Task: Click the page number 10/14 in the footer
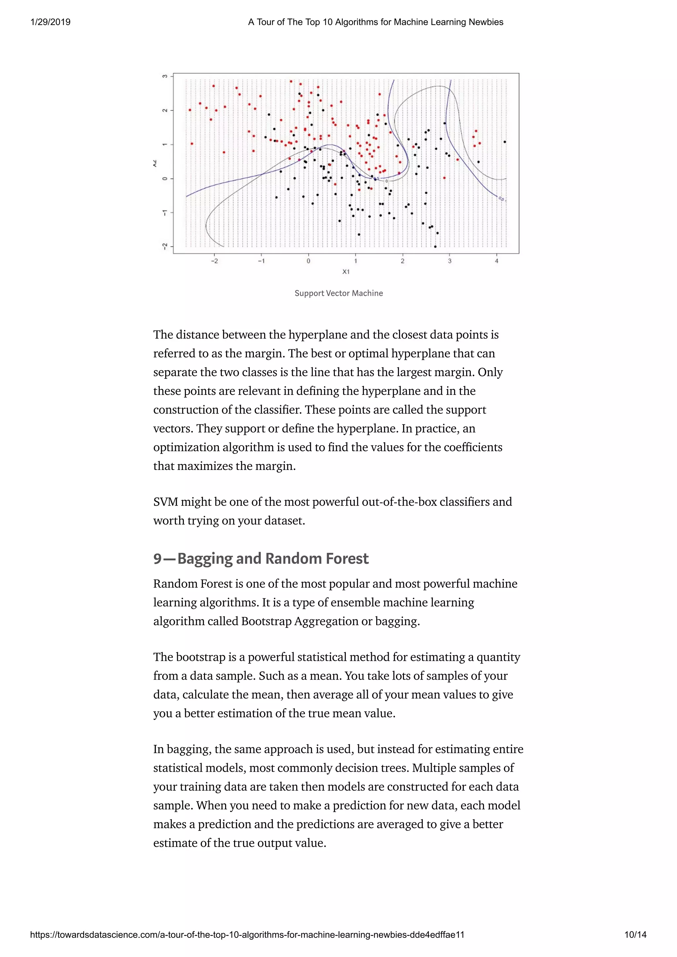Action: [x=635, y=935]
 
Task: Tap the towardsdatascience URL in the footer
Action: [x=247, y=935]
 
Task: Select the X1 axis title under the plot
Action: [x=346, y=272]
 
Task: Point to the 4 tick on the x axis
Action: [x=497, y=261]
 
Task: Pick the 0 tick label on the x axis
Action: [x=308, y=261]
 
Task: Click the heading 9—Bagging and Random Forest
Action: [x=261, y=558]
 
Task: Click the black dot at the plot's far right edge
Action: [x=505, y=142]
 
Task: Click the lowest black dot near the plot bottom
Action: [x=435, y=246]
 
